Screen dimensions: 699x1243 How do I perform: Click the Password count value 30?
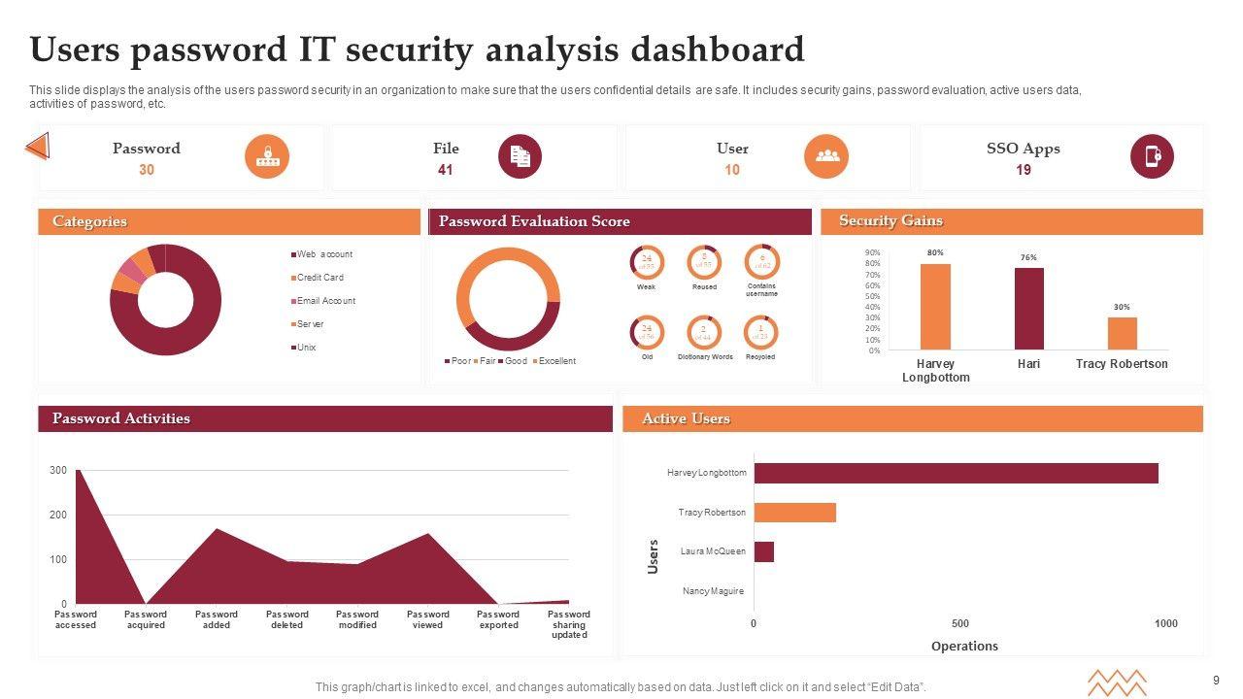(147, 170)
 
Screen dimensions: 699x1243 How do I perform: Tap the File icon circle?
(520, 156)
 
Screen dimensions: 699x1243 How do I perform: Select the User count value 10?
(732, 170)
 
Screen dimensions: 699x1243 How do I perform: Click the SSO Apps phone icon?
(1152, 156)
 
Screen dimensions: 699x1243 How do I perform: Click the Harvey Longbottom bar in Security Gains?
(935, 307)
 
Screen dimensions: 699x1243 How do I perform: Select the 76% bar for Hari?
(1029, 309)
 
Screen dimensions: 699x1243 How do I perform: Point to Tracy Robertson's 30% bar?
(1122, 333)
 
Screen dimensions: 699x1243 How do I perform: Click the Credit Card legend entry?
(319, 278)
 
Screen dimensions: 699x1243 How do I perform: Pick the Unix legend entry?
(306, 348)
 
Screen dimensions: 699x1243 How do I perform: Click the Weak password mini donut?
(647, 262)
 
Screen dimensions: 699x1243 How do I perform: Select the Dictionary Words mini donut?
(705, 333)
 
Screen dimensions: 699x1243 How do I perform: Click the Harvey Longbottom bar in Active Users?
(956, 473)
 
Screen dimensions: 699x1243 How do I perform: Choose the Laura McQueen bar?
(763, 551)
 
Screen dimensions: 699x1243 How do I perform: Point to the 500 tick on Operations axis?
(959, 623)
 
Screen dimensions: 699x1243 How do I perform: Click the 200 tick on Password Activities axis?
(58, 516)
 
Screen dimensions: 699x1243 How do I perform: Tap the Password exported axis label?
(498, 619)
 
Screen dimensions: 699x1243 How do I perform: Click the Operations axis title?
(964, 647)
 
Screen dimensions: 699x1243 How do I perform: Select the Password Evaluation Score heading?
(534, 221)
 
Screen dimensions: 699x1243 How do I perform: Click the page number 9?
(1216, 680)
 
